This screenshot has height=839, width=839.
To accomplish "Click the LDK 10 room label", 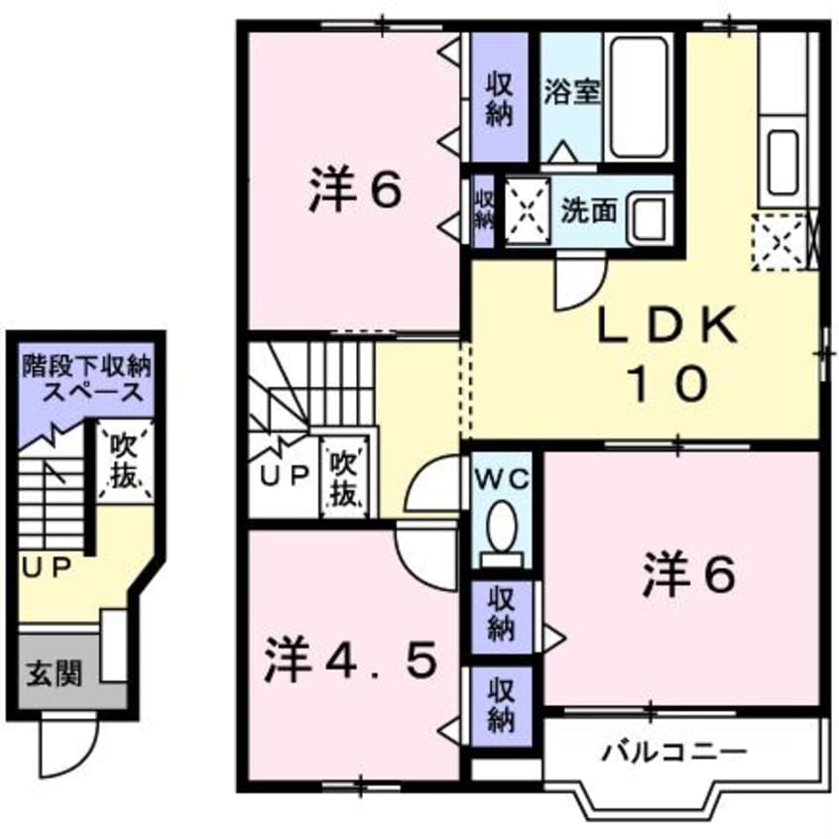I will pos(666,352).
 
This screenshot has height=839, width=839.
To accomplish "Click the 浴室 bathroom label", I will pos(572,92).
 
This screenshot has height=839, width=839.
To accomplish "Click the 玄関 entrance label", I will pos(54,674).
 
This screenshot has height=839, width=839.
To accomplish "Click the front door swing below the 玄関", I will pos(71,754).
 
